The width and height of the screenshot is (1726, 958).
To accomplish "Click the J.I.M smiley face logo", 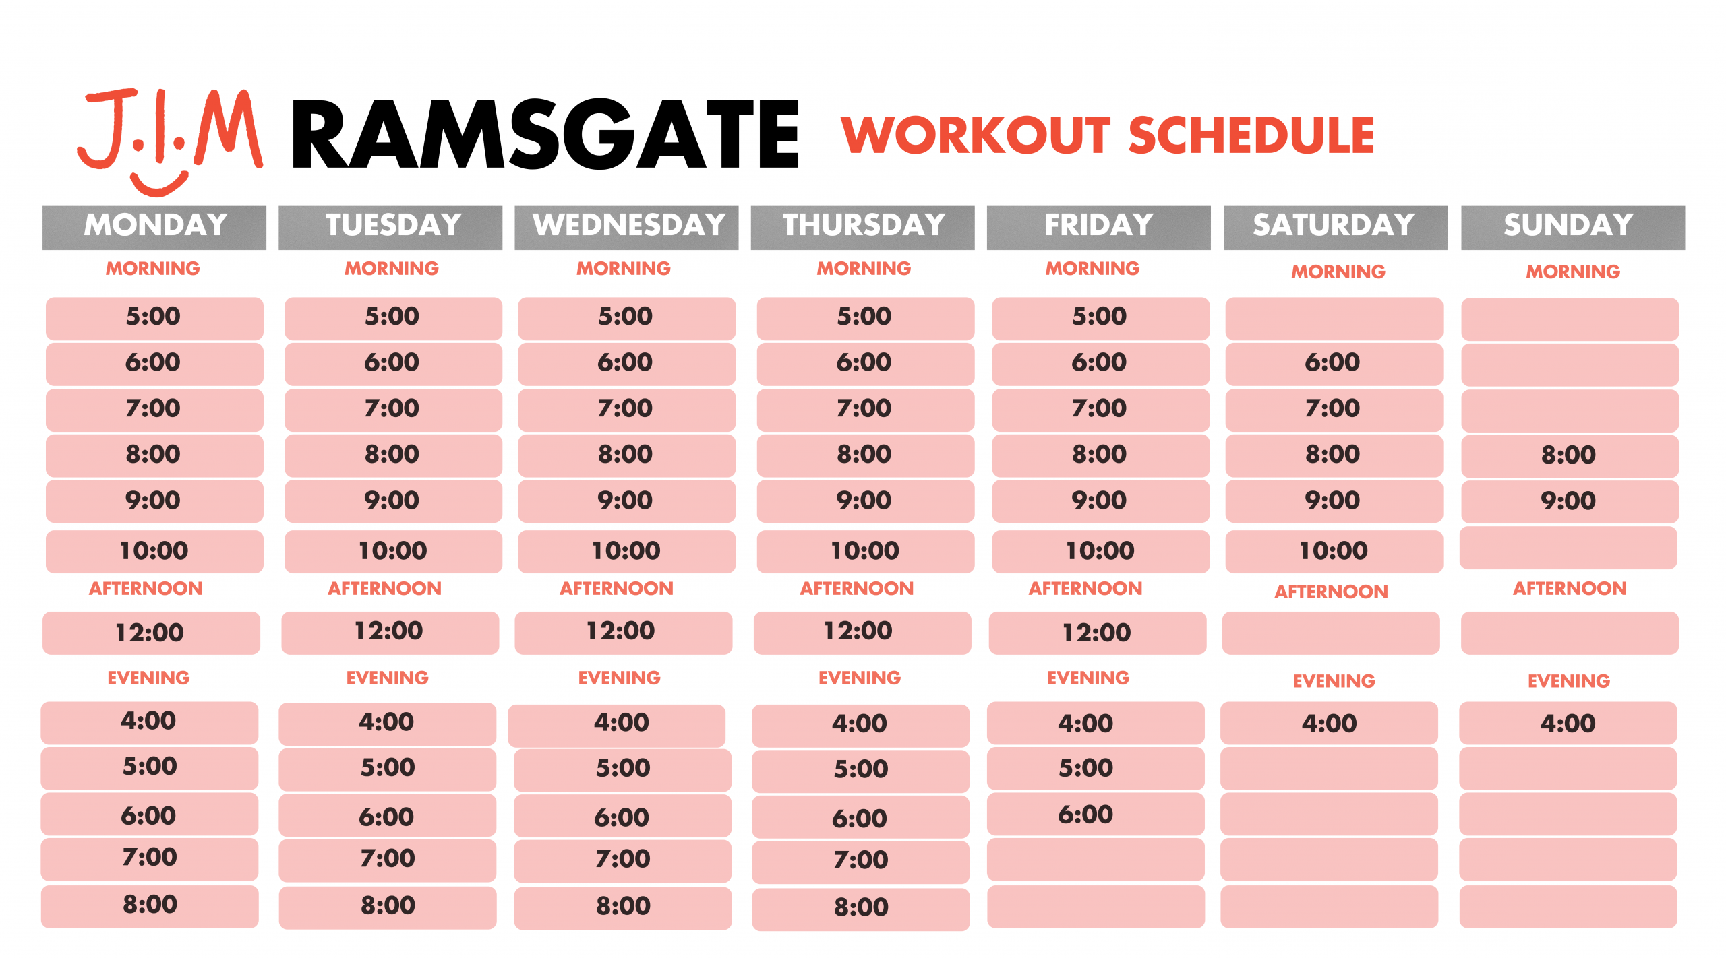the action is click(x=169, y=141).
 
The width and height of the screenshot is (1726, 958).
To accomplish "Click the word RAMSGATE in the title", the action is click(x=545, y=134).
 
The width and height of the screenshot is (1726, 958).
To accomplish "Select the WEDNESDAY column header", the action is click(x=626, y=227).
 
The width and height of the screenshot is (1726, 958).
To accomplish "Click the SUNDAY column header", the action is click(x=1572, y=227).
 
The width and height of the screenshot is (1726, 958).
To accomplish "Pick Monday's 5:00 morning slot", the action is click(x=154, y=318).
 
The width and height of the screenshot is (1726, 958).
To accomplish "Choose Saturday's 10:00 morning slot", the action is click(x=1334, y=551).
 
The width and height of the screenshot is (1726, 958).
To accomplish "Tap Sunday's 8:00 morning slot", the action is click(x=1570, y=455).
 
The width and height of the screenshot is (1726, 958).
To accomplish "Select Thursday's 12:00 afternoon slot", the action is click(x=862, y=633).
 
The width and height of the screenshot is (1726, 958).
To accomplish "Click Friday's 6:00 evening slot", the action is click(x=1096, y=815).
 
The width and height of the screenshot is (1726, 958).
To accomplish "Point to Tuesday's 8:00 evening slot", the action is click(x=388, y=907).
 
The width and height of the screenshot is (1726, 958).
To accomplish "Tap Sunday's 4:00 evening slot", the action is click(x=1568, y=723).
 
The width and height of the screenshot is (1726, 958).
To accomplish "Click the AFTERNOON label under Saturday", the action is click(x=1331, y=592).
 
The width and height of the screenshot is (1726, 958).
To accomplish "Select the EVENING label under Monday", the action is click(x=148, y=678).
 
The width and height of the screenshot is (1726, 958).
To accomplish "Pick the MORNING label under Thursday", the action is click(x=864, y=268).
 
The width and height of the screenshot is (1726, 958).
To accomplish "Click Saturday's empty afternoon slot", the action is click(x=1331, y=633).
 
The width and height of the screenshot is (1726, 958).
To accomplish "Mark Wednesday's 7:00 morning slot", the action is click(x=626, y=410).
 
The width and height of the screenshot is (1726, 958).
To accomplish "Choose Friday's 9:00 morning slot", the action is click(x=1100, y=501).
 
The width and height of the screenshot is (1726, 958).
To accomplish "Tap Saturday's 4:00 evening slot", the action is click(x=1329, y=723).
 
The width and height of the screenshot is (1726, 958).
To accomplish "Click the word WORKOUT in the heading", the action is click(x=976, y=135).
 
